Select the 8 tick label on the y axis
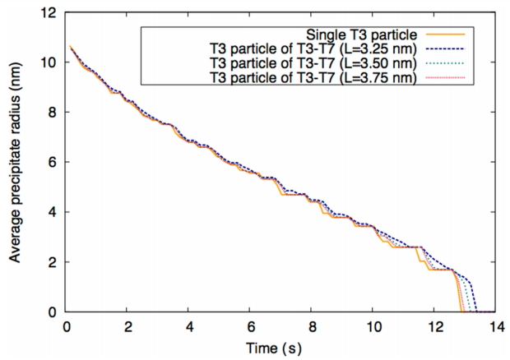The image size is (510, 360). tap(53, 113)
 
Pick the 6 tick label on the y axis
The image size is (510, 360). tap(53, 163)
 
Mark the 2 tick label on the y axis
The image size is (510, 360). tap(53, 262)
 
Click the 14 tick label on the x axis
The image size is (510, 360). tap(494, 325)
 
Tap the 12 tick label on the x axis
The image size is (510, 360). tap(433, 325)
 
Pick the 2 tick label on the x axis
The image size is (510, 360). tap(128, 325)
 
